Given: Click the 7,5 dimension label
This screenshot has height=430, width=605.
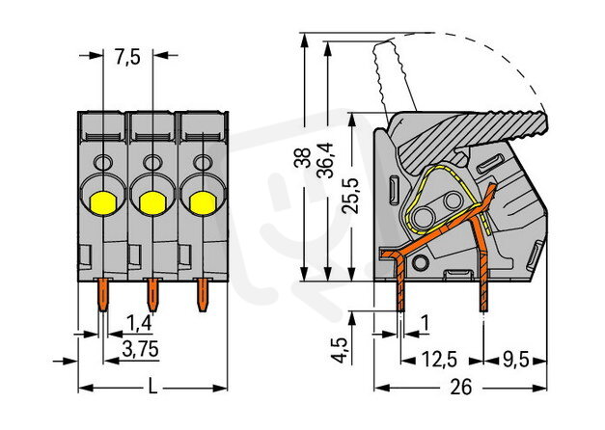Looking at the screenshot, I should tap(127, 57).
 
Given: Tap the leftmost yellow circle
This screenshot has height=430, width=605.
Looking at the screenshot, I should tap(101, 202).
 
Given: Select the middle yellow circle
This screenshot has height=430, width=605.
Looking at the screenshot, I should tap(151, 202).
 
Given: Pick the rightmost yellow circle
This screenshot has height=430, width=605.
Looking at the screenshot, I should tap(202, 202).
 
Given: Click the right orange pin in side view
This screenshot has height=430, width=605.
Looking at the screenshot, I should tap(481, 294).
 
